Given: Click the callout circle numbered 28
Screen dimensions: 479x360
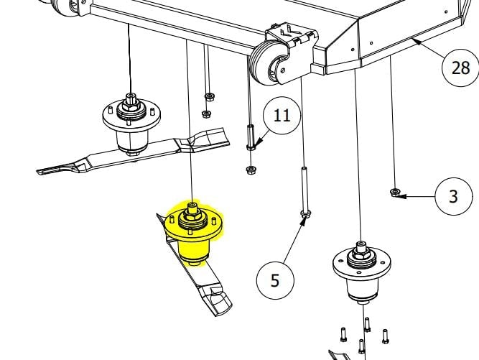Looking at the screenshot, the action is click(460, 68).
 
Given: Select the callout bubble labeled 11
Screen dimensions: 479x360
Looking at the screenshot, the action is click(282, 116).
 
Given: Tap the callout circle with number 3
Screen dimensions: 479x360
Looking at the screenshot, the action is click(454, 196).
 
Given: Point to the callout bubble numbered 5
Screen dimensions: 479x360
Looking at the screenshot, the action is click(275, 280).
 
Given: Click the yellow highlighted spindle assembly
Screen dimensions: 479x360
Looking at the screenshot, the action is click(193, 234).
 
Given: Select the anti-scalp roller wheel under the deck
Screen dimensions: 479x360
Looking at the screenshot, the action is click(265, 63).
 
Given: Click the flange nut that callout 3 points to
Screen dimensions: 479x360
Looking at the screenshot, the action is click(395, 192).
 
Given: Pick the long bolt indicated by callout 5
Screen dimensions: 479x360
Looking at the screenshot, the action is click(305, 192).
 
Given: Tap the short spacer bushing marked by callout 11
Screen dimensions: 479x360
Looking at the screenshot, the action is click(251, 137).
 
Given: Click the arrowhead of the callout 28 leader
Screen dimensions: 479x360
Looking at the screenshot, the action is click(417, 41).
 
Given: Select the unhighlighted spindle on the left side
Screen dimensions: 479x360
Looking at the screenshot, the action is click(131, 124).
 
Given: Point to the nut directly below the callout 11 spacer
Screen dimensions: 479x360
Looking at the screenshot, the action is click(251, 170).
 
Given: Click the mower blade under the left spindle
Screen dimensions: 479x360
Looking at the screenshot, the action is click(133, 152).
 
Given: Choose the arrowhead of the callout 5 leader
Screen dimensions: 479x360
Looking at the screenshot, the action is click(303, 221).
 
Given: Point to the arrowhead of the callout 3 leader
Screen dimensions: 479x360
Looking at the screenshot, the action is click(401, 196).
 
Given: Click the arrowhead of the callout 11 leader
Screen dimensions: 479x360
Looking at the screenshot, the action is click(259, 142).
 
